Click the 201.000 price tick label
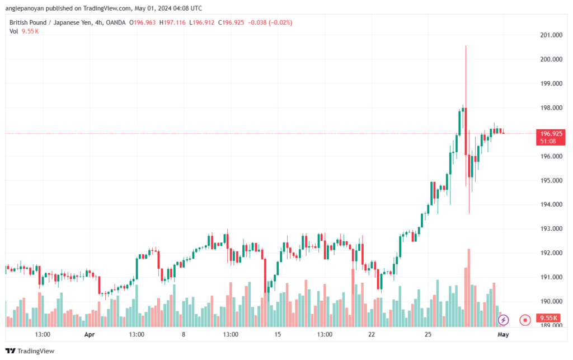point(551,35)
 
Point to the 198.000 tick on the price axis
point(551,108)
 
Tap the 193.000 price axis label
point(551,229)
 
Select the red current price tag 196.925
point(551,137)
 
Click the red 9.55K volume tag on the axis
point(548,318)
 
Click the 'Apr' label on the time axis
point(90,334)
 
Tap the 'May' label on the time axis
point(503,334)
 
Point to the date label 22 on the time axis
point(372,334)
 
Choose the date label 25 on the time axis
point(428,334)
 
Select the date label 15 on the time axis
point(278,334)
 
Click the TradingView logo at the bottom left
point(30,351)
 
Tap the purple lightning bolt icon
point(503,320)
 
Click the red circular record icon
point(525,320)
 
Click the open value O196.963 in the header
point(143,22)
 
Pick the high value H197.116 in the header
point(172,22)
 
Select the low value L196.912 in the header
point(201,22)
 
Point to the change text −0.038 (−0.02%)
point(270,22)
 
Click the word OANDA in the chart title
point(116,22)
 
